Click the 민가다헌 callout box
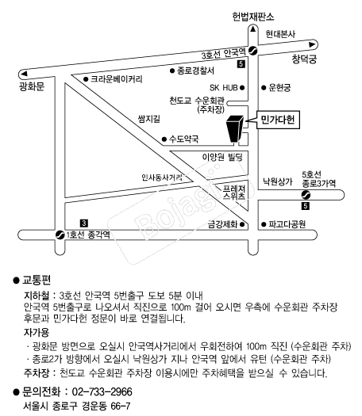278,120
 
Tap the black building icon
235,128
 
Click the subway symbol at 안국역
252,51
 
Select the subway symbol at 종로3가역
306,195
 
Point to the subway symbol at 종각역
60,235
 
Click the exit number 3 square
84,223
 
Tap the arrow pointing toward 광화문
24,74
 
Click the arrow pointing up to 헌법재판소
252,29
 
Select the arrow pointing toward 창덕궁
312,44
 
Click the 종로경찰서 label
195,71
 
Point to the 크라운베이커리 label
117,79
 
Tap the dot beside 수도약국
164,139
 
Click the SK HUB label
224,87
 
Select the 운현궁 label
279,87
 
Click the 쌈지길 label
149,119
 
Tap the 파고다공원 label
287,224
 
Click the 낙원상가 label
278,181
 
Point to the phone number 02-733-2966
102,392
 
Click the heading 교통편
37,281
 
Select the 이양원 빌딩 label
222,157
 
